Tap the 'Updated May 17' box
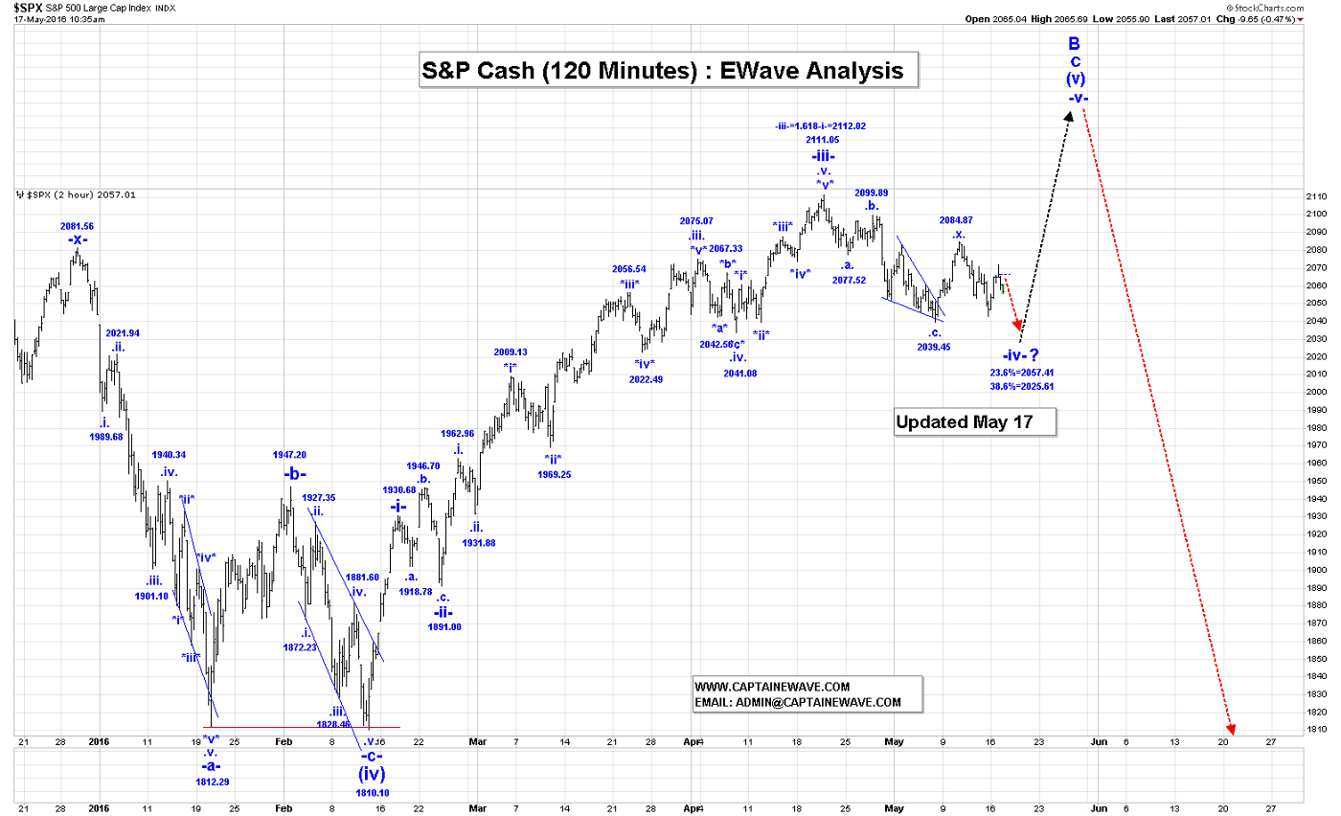974,421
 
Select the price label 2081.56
77,226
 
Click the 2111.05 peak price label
823,140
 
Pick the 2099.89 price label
871,192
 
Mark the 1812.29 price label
212,782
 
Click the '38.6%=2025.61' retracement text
1022,386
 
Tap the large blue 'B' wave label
1075,43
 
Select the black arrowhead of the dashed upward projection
1068,115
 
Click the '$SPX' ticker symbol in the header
26,8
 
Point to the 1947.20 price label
289,455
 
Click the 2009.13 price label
511,351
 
